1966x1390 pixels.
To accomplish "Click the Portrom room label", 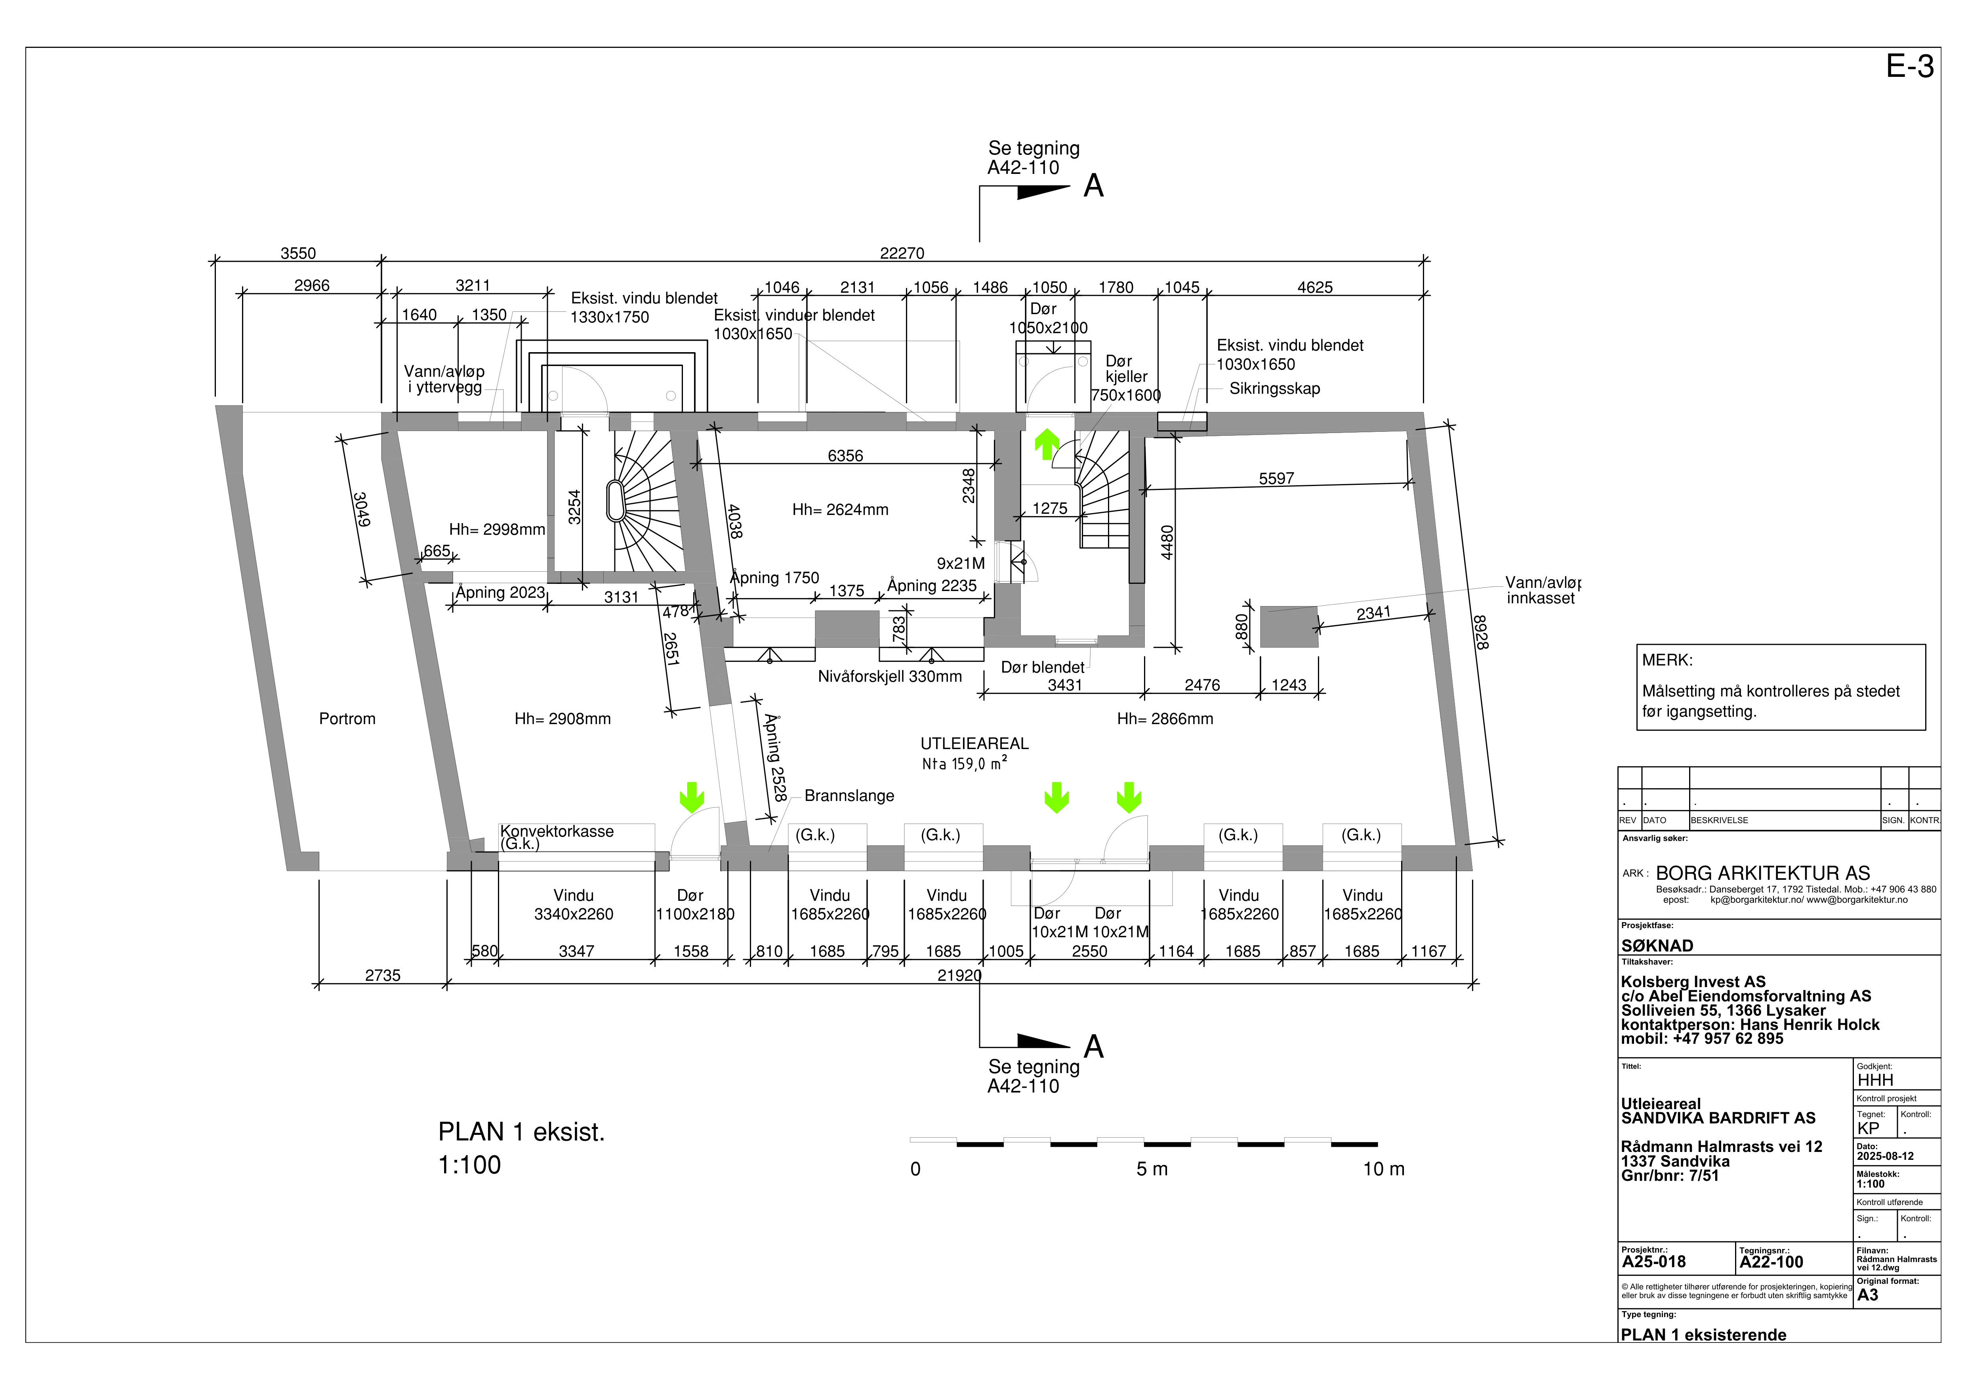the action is pyautogui.click(x=347, y=719).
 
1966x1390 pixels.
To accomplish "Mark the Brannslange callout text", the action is pyautogui.click(x=849, y=796).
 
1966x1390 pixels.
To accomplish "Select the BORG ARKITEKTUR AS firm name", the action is pyautogui.click(x=1763, y=873).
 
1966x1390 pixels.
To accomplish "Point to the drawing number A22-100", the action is pyautogui.click(x=1771, y=1262).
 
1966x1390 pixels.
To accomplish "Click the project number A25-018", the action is pyautogui.click(x=1653, y=1262).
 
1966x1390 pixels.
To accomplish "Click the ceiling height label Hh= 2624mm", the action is pyautogui.click(x=840, y=509).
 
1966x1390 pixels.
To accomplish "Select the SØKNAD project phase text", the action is pyautogui.click(x=1657, y=946).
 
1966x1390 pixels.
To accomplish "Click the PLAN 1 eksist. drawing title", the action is pyautogui.click(x=521, y=1132).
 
